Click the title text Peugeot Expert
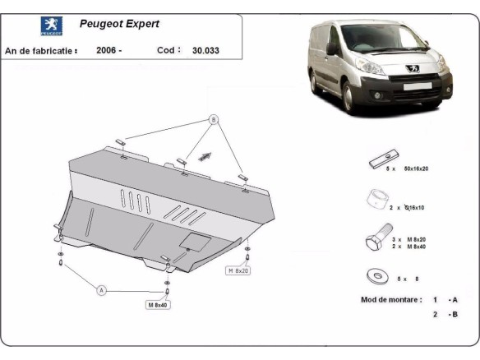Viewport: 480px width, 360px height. (119, 24)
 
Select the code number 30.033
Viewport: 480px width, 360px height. (206, 50)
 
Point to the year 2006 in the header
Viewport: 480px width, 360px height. (108, 50)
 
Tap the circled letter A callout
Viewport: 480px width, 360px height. (102, 290)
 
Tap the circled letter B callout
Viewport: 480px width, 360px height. (214, 119)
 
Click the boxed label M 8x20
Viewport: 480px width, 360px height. (238, 269)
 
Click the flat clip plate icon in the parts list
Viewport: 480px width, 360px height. (384, 157)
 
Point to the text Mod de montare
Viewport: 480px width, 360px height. (391, 299)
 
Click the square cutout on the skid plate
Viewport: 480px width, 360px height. (194, 241)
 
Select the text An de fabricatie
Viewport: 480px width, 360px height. (41, 50)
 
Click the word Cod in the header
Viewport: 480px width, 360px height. (168, 50)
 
